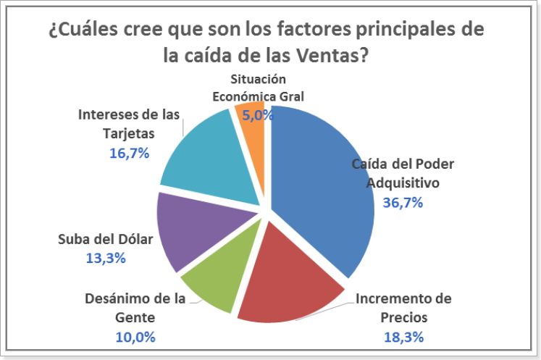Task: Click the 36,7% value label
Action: pos(403,202)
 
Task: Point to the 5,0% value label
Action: pos(259,114)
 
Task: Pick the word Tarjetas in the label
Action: pos(129,134)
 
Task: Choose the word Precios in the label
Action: pos(403,317)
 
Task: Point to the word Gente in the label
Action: pos(135,317)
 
